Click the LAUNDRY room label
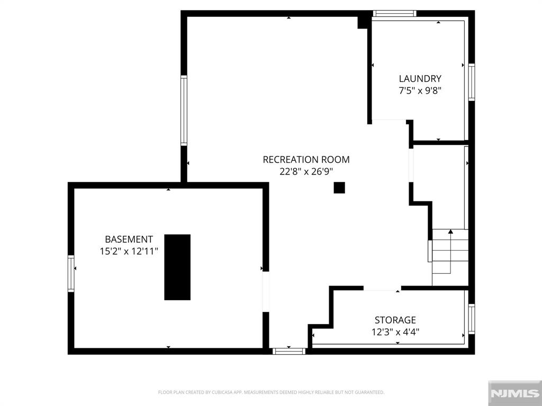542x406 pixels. (x=420, y=79)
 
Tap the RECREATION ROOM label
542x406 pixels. (x=306, y=160)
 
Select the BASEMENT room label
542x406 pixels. (x=129, y=239)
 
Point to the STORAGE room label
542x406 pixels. (x=395, y=320)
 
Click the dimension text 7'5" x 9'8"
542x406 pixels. (x=420, y=91)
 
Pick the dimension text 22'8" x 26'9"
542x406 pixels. (x=306, y=172)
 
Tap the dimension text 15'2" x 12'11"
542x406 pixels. (x=129, y=251)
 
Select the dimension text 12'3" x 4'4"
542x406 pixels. (x=395, y=332)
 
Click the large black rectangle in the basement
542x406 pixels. (x=177, y=267)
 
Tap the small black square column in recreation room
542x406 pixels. (x=339, y=188)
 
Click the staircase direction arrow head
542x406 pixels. (x=450, y=232)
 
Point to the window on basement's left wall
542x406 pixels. (x=71, y=274)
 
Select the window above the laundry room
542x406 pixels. (x=394, y=14)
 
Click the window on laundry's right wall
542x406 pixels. (x=472, y=82)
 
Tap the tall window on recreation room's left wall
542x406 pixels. (x=184, y=110)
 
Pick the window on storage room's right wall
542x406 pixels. (x=472, y=319)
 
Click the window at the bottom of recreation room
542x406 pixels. (x=289, y=352)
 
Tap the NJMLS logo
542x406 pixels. (x=514, y=393)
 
